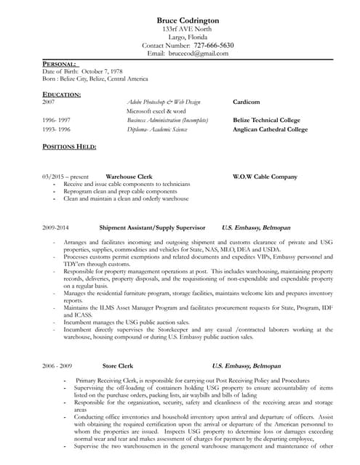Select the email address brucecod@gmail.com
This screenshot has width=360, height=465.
click(x=199, y=53)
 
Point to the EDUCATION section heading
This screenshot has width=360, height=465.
click(x=62, y=94)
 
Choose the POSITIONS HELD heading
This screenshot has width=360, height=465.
click(x=69, y=146)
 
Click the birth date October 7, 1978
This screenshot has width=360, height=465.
click(x=103, y=71)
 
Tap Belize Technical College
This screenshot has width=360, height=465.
click(x=268, y=120)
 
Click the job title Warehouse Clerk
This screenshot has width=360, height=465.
click(x=129, y=177)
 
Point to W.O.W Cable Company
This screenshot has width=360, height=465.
click(x=265, y=177)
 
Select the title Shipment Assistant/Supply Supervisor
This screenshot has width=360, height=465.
click(x=152, y=227)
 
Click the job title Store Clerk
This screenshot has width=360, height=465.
click(x=118, y=366)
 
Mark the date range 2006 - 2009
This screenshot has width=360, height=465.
click(x=57, y=366)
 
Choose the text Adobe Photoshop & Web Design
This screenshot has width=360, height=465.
click(x=164, y=102)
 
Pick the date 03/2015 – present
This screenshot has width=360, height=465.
click(x=65, y=177)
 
